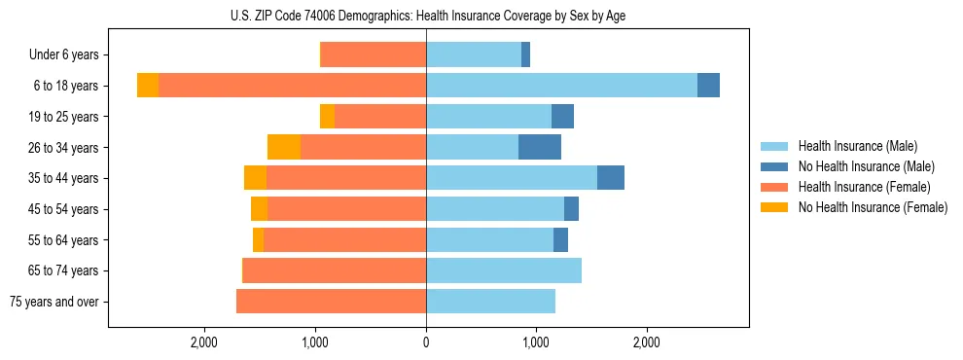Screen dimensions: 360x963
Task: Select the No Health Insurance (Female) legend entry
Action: point(873,207)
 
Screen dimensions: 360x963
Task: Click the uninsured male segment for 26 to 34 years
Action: point(540,147)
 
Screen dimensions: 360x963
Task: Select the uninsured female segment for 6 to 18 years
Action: point(148,86)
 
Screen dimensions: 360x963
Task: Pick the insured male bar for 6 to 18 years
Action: point(561,86)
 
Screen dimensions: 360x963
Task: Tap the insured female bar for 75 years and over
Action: point(331,302)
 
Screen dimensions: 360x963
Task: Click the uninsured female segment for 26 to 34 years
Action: point(284,147)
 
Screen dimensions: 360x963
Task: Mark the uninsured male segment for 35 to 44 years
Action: point(611,178)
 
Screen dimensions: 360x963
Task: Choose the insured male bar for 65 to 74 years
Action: point(504,270)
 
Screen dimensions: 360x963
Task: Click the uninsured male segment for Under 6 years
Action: point(525,55)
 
